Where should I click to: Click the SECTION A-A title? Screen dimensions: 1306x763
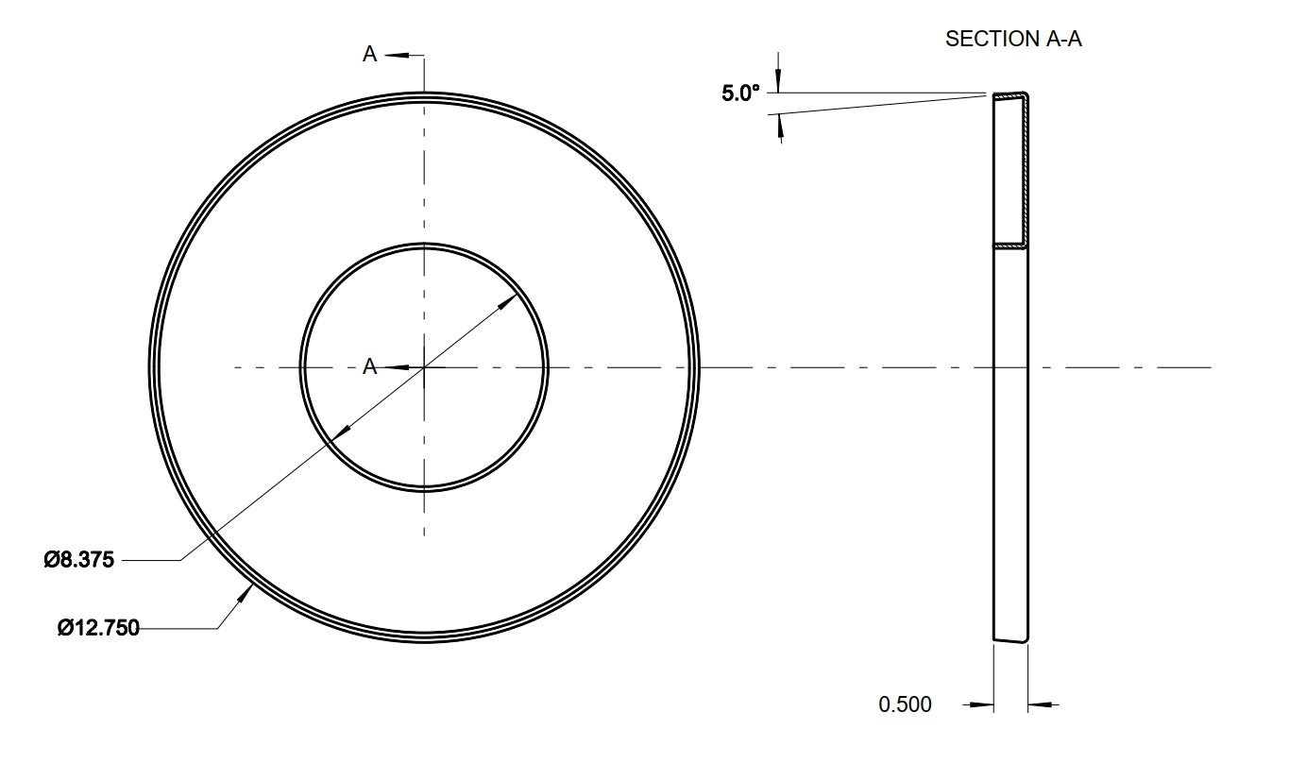tap(1013, 39)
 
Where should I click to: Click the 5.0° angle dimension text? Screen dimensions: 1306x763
tap(740, 93)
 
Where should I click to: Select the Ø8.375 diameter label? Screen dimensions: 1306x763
tap(78, 560)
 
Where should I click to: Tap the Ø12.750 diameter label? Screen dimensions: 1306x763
tap(98, 628)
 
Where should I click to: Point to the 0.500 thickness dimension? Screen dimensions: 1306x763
tap(905, 704)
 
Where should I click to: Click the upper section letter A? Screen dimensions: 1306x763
tap(369, 54)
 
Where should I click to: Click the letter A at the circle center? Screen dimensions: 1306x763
tap(369, 366)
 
